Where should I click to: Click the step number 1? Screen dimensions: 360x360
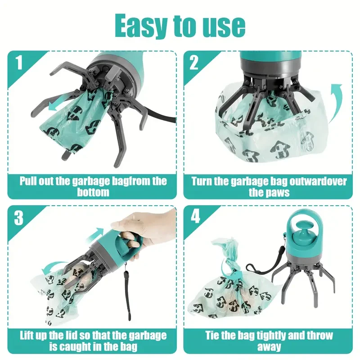click(x=19, y=63)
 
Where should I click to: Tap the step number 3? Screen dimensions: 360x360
click(x=19, y=218)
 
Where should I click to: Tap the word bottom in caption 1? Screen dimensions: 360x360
click(x=92, y=193)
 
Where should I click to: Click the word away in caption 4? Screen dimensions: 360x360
click(x=269, y=347)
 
